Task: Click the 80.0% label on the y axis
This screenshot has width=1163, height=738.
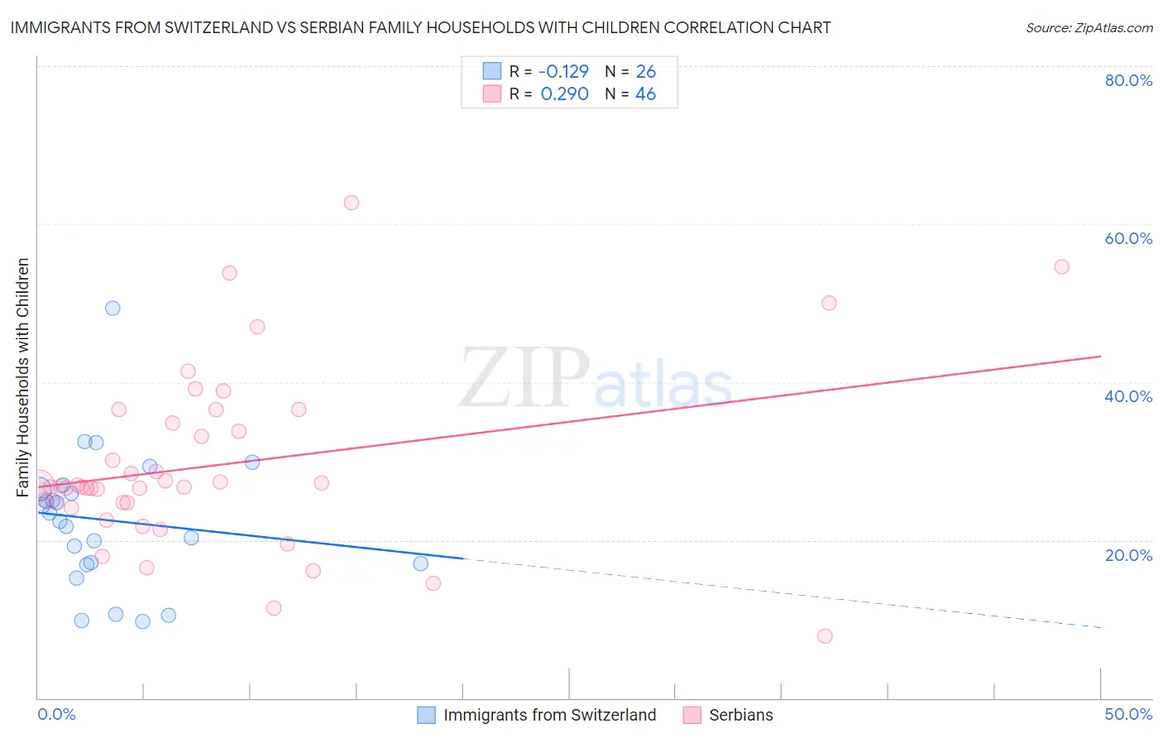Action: pyautogui.click(x=1128, y=80)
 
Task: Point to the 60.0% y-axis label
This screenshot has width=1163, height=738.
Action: pyautogui.click(x=1128, y=238)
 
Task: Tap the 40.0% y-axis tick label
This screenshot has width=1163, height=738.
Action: pyautogui.click(x=1128, y=396)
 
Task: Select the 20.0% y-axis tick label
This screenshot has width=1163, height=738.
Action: pyautogui.click(x=1128, y=554)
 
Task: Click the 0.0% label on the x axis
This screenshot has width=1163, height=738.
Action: pyautogui.click(x=56, y=714)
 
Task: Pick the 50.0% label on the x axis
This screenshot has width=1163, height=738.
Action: pyautogui.click(x=1128, y=714)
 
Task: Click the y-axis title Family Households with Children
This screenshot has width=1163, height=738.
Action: pyautogui.click(x=22, y=377)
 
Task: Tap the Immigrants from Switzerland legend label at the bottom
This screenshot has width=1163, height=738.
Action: pyautogui.click(x=549, y=715)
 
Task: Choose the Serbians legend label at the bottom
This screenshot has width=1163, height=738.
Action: pyautogui.click(x=740, y=715)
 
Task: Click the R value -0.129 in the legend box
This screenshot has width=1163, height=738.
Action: pyautogui.click(x=564, y=72)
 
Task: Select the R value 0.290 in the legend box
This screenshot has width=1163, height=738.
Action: pyautogui.click(x=564, y=94)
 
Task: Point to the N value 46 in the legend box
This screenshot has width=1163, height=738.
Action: pyautogui.click(x=645, y=94)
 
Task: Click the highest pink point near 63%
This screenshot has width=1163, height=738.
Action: pyautogui.click(x=352, y=203)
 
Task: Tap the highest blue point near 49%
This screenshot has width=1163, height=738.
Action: pyautogui.click(x=112, y=308)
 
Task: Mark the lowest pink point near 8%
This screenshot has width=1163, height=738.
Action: pyautogui.click(x=825, y=636)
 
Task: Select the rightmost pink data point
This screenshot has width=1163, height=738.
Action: pyautogui.click(x=1062, y=266)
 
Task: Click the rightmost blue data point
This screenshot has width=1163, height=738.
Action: pyautogui.click(x=421, y=563)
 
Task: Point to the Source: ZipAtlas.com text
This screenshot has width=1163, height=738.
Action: pyautogui.click(x=1089, y=27)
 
